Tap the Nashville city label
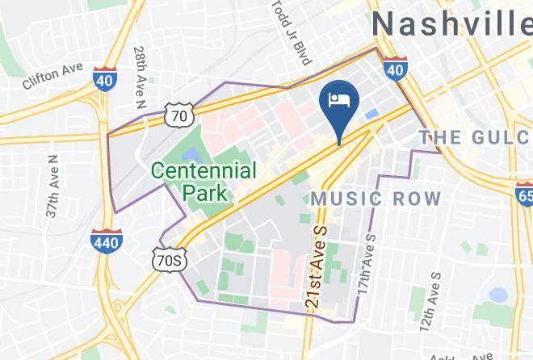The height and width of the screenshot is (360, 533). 451,23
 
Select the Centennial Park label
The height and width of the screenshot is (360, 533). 204,182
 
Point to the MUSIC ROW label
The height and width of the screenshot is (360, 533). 377,199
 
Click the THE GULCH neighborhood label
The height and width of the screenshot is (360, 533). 474,137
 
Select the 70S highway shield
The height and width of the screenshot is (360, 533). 170,259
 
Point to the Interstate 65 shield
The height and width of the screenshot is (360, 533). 523,194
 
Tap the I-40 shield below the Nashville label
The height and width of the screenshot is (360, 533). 394,69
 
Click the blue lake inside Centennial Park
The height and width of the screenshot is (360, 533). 191,153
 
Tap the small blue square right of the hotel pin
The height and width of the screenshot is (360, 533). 371,115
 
